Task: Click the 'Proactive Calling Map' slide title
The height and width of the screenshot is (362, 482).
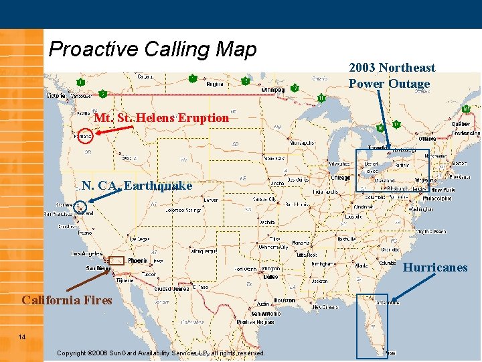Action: [153, 49]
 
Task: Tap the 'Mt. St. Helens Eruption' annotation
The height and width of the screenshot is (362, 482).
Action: [161, 118]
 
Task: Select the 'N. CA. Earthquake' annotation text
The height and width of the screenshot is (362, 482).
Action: [137, 185]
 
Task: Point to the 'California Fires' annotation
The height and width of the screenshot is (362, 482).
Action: [67, 300]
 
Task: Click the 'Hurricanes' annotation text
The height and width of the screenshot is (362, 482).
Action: [435, 267]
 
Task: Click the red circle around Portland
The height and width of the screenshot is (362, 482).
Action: [84, 136]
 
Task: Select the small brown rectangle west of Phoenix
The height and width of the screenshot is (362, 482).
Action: [116, 260]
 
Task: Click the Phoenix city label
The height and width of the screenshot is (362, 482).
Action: [137, 260]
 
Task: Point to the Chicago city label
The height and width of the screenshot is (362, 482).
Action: [340, 178]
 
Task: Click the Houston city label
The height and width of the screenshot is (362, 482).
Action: [284, 300]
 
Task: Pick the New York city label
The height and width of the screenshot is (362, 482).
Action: [443, 190]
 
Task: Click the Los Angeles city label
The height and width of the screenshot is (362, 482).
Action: [87, 253]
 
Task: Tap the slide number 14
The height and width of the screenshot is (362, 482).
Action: [22, 337]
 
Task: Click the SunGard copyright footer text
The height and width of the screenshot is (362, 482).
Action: [161, 353]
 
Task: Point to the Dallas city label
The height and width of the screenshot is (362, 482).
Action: [271, 276]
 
